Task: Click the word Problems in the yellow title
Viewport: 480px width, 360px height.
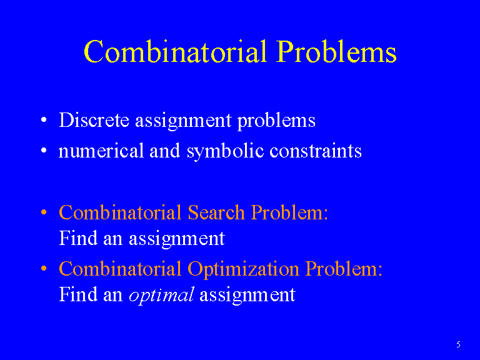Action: pyautogui.click(x=336, y=51)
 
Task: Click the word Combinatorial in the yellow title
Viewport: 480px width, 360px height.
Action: pyautogui.click(x=176, y=51)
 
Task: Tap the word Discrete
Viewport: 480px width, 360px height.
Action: pyautogui.click(x=94, y=120)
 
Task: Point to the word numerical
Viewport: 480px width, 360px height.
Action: pyautogui.click(x=101, y=151)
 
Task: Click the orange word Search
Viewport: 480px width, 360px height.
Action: pyautogui.click(x=216, y=212)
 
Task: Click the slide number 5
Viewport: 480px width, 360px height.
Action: pyautogui.click(x=458, y=344)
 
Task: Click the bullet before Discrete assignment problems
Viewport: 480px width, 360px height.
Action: pyautogui.click(x=44, y=120)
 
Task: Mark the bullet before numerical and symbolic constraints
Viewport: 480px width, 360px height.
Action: pyautogui.click(x=44, y=150)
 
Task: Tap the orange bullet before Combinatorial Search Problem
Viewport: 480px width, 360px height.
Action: pyautogui.click(x=44, y=212)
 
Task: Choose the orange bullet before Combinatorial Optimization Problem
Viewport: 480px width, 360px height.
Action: pyautogui.click(x=44, y=269)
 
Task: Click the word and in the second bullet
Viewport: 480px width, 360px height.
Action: pyautogui.click(x=165, y=151)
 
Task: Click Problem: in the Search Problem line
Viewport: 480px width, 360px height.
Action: pyautogui.click(x=289, y=212)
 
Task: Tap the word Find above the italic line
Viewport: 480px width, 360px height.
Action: pyautogui.click(x=78, y=238)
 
